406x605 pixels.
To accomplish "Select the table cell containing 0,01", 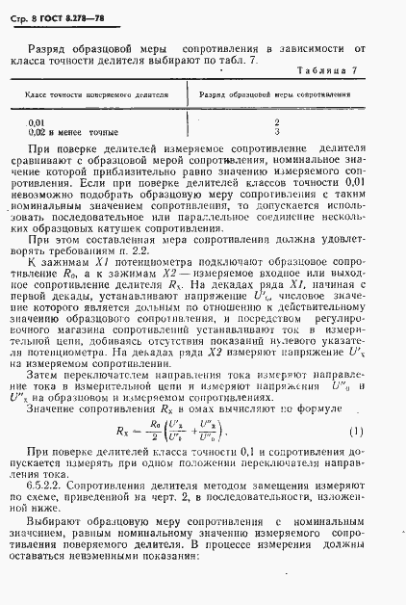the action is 37,122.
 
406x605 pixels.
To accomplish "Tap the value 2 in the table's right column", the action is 276,122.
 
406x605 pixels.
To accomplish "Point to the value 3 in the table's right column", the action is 276,131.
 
